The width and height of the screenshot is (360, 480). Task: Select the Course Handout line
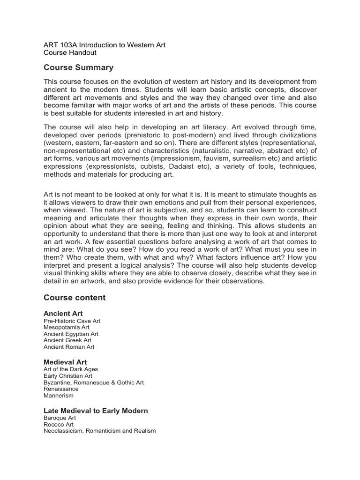[70, 53]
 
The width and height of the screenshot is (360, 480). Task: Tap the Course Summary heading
[78, 67]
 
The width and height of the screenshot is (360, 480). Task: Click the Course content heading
[75, 298]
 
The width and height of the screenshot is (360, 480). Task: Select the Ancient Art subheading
[63, 313]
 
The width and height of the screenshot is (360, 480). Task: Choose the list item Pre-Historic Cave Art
[72, 321]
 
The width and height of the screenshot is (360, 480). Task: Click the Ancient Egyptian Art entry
[71, 334]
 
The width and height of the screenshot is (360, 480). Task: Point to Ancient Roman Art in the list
[69, 347]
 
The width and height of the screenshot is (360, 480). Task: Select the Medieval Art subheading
[65, 362]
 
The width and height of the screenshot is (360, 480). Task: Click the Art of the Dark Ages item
[71, 369]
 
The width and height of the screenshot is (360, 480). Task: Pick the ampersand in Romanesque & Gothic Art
[112, 382]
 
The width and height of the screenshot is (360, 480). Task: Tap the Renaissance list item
[61, 389]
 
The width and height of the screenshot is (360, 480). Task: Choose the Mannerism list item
[59, 396]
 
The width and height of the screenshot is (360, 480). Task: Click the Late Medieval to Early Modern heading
[96, 411]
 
